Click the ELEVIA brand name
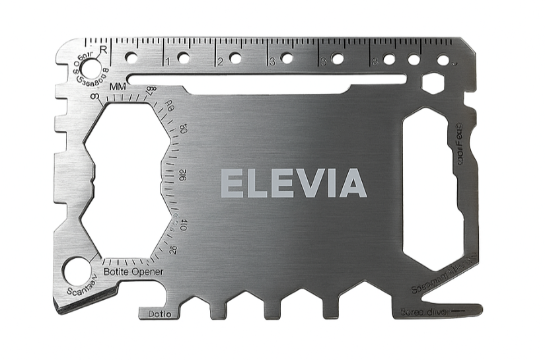pos(293,183)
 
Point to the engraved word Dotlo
pos(159,313)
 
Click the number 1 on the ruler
pos(168,63)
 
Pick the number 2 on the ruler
pos(219,63)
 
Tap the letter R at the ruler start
pos(103,48)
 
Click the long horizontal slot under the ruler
pos(268,80)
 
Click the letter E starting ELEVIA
pos(231,183)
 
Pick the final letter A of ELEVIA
pos(353,183)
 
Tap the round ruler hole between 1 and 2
pos(184,58)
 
